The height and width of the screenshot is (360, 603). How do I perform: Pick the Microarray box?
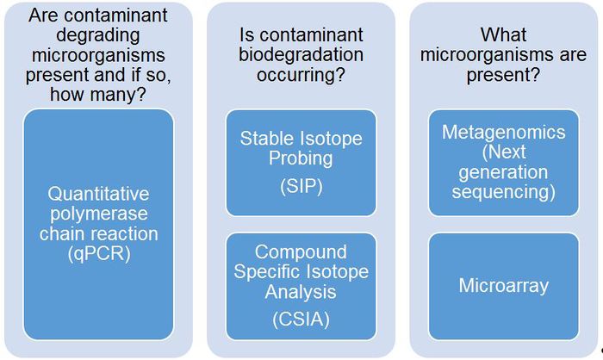point(504,285)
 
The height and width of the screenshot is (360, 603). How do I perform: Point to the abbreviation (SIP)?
point(301,185)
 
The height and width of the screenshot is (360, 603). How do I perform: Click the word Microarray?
point(504,285)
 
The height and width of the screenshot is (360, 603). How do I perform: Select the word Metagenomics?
point(504,133)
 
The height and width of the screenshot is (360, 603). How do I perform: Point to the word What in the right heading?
point(504,35)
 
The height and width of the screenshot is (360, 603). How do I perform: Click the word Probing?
point(301,159)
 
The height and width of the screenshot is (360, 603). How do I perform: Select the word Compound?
point(301,251)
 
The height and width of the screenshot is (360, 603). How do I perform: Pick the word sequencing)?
point(504,190)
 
